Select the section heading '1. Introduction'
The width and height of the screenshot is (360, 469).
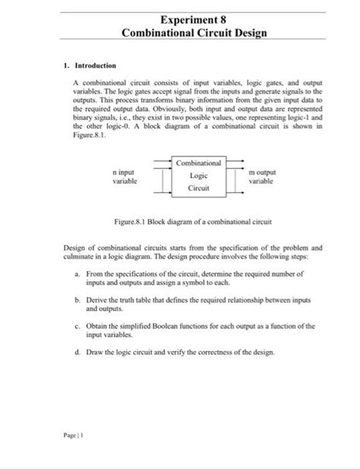90,66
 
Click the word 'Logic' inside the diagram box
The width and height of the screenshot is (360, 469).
199,175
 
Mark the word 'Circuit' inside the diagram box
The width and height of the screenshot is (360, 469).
199,187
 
